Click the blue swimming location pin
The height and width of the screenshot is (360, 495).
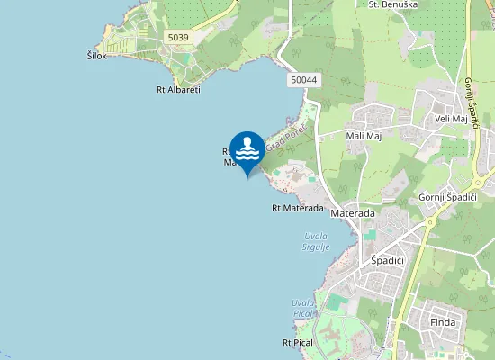[x=247, y=151]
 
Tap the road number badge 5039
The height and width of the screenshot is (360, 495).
[x=178, y=37]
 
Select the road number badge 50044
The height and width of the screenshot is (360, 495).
[x=304, y=80]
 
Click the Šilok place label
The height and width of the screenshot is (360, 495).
[x=97, y=56]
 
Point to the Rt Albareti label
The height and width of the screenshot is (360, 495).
[x=178, y=89]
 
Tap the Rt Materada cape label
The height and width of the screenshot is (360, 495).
[x=297, y=208]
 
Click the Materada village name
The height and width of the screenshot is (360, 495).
[x=352, y=213]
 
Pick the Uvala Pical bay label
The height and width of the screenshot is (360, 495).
[x=302, y=308]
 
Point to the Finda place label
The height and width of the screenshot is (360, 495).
[x=443, y=321]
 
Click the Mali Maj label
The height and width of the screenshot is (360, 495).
[x=364, y=136]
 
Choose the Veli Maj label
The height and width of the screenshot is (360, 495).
[x=451, y=118]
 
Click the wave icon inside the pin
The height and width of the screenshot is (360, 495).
[x=247, y=148]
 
